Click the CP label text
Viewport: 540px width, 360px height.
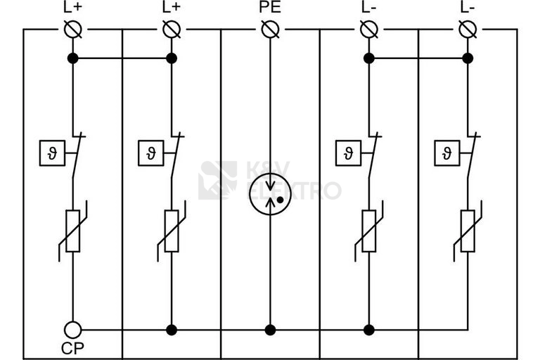point(72,349)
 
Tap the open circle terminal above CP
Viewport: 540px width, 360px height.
point(72,330)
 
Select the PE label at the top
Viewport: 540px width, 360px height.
point(270,7)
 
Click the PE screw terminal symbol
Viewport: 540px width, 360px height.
point(270,30)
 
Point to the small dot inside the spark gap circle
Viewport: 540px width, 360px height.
point(281,200)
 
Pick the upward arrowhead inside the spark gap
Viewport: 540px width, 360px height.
point(270,202)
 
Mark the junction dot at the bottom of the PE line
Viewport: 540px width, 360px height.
point(270,330)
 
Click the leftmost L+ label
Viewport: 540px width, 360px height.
point(72,7)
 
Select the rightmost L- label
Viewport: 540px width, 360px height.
point(468,7)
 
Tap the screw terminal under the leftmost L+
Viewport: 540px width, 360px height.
point(73,30)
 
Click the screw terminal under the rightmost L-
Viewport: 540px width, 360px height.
point(468,30)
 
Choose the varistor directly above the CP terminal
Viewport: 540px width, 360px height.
point(72,231)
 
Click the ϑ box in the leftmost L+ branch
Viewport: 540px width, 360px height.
point(52,153)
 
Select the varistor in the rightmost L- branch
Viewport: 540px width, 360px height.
point(468,231)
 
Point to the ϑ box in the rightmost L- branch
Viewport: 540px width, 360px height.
point(447,153)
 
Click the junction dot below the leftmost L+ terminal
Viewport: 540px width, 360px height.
point(73,58)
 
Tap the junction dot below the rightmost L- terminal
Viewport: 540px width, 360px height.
point(468,58)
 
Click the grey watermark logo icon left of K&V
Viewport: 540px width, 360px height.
point(218,180)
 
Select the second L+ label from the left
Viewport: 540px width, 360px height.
point(172,7)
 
